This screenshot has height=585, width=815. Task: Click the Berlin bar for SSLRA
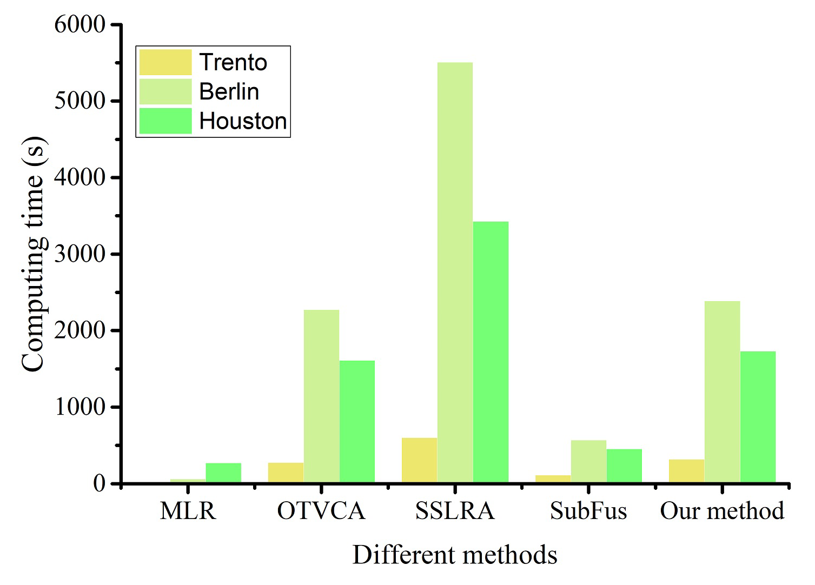(x=455, y=272)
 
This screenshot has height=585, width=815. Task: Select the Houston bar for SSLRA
(x=491, y=352)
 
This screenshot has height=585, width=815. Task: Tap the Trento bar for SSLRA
(x=419, y=460)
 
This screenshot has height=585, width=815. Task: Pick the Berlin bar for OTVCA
(x=321, y=396)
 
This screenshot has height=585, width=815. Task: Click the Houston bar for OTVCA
(x=357, y=422)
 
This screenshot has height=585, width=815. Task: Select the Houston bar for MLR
(x=223, y=473)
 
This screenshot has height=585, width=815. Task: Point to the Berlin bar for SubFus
(x=588, y=461)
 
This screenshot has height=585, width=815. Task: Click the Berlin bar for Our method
(x=722, y=392)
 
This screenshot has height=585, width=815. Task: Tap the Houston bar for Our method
(x=758, y=417)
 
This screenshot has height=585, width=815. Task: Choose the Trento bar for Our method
(x=686, y=471)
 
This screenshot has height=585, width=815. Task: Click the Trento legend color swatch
(x=165, y=62)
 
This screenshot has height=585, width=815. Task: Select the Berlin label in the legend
(x=229, y=91)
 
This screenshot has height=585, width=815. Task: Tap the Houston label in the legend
(x=243, y=121)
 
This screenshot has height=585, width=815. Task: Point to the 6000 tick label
(x=79, y=24)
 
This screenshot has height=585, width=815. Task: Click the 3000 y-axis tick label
(x=79, y=254)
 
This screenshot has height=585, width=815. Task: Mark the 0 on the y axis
(x=98, y=483)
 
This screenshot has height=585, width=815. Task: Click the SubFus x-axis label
(x=588, y=511)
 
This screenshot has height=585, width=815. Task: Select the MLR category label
(x=188, y=511)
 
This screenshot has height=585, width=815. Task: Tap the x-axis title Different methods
(x=455, y=555)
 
